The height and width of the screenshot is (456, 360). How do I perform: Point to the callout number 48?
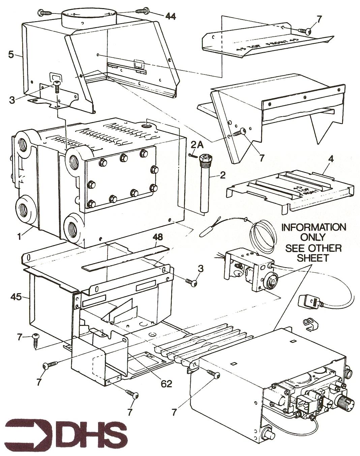158,237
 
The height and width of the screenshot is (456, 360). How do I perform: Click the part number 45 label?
16,297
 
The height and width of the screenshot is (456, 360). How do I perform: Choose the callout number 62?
166,383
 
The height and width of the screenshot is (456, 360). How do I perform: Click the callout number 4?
331,159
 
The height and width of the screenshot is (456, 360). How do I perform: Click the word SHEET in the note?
313,258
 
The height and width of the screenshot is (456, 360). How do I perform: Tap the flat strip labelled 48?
126,258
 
